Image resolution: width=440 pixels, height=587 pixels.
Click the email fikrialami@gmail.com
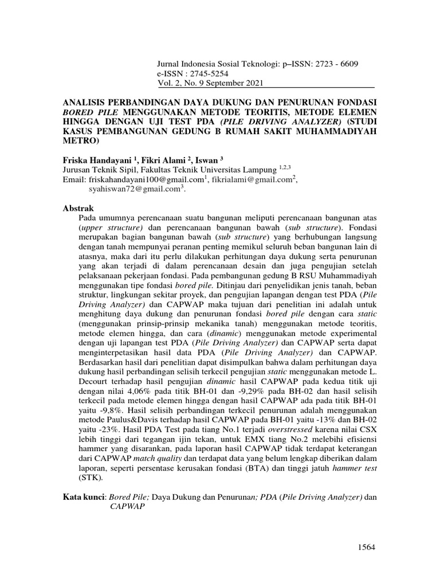(x=251, y=180)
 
